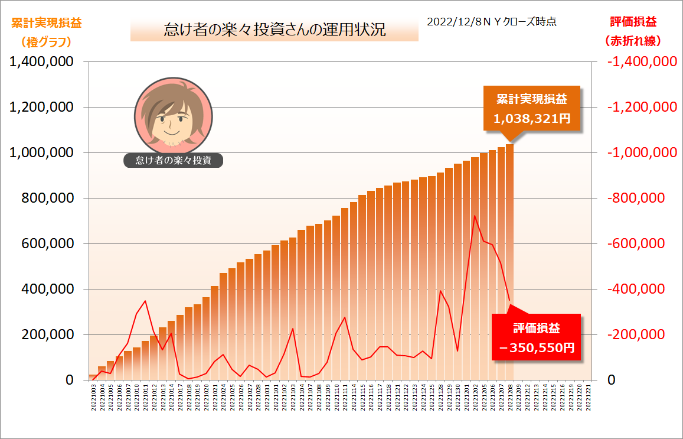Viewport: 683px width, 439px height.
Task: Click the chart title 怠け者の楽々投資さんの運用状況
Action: (x=274, y=30)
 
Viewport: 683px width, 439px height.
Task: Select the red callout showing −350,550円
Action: (x=537, y=337)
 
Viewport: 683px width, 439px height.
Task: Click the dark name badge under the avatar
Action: (x=174, y=160)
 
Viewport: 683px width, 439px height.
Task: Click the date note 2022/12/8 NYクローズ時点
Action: (x=492, y=21)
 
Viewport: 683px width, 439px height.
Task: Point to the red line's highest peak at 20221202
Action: (x=475, y=216)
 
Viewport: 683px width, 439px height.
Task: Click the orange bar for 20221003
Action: (x=93, y=377)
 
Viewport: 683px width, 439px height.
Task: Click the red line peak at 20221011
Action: (x=145, y=301)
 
